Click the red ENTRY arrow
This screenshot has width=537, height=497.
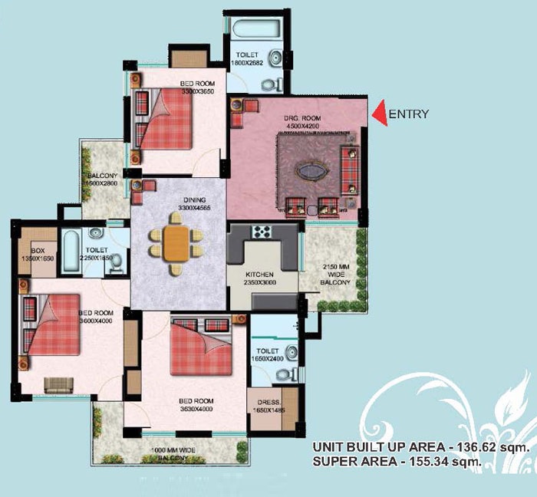(379, 114)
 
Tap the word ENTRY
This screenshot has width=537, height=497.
(409, 114)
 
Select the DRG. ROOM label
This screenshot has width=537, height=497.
(300, 117)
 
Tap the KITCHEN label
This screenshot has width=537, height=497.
(262, 274)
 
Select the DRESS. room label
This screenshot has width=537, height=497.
(269, 403)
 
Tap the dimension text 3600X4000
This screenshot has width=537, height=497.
(96, 321)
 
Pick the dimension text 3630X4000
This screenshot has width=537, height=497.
(196, 409)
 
